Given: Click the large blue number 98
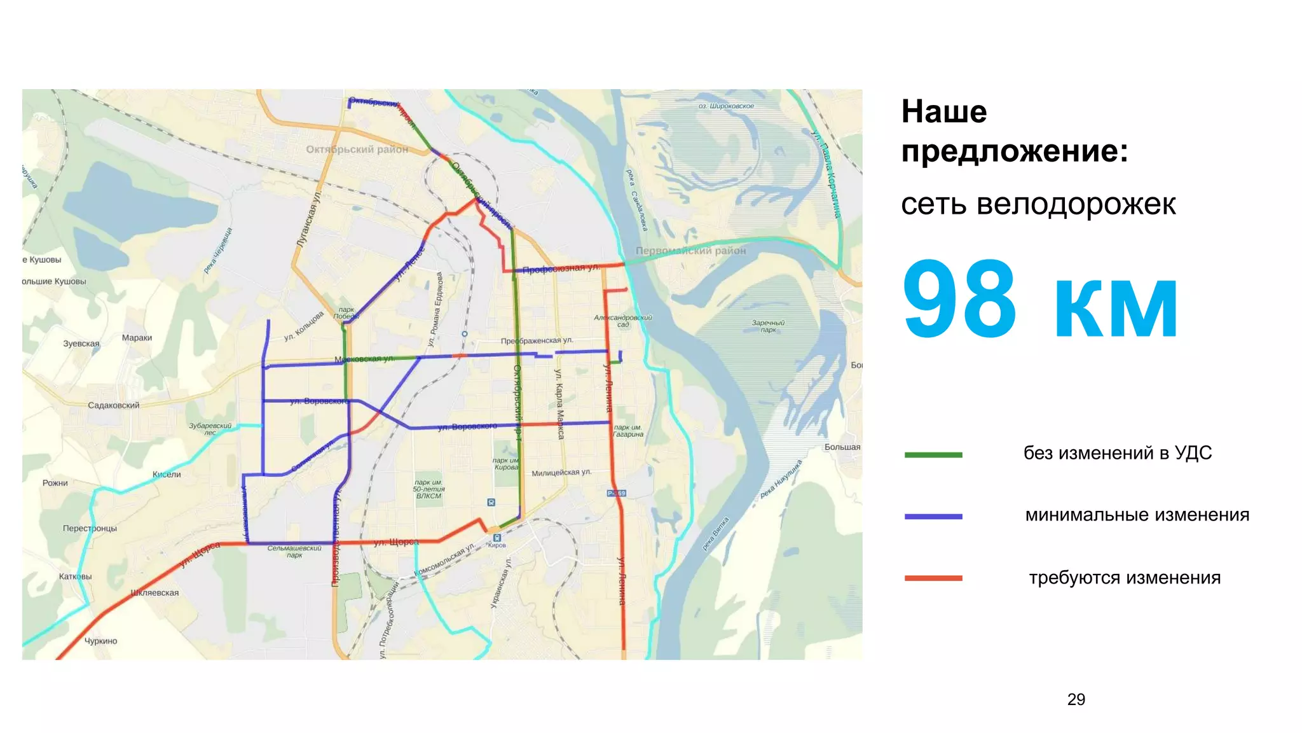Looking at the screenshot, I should pyautogui.click(x=959, y=299).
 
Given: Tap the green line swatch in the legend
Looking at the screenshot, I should pyautogui.click(x=933, y=455).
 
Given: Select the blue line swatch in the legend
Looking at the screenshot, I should pyautogui.click(x=933, y=517).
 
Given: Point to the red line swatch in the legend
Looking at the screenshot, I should pyautogui.click(x=933, y=578).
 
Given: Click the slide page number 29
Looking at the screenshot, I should pyautogui.click(x=1076, y=699).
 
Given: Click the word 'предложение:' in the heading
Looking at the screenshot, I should pyautogui.click(x=1014, y=151).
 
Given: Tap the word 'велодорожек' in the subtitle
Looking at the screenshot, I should pyautogui.click(x=1076, y=204).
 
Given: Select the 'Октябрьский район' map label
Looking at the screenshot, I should pyautogui.click(x=357, y=150).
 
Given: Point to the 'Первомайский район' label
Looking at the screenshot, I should pyautogui.click(x=690, y=251).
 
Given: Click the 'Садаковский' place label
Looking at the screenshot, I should pyautogui.click(x=113, y=405).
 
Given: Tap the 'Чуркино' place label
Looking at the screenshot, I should pyautogui.click(x=101, y=641).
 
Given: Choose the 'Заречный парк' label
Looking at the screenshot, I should pyautogui.click(x=768, y=326).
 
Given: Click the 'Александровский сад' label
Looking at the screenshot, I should pyautogui.click(x=622, y=321).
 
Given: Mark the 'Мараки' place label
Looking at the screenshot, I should pyautogui.click(x=137, y=338).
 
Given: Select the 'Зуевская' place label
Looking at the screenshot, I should pyautogui.click(x=81, y=344).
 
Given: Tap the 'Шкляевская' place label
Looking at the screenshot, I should pyautogui.click(x=154, y=592).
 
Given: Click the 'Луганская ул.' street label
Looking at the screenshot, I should pyautogui.click(x=309, y=220).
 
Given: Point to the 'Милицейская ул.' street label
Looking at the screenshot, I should pyautogui.click(x=561, y=473).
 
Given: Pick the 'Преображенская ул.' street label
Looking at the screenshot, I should pyautogui.click(x=537, y=341).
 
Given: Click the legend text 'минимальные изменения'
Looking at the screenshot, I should pyautogui.click(x=1137, y=515).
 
